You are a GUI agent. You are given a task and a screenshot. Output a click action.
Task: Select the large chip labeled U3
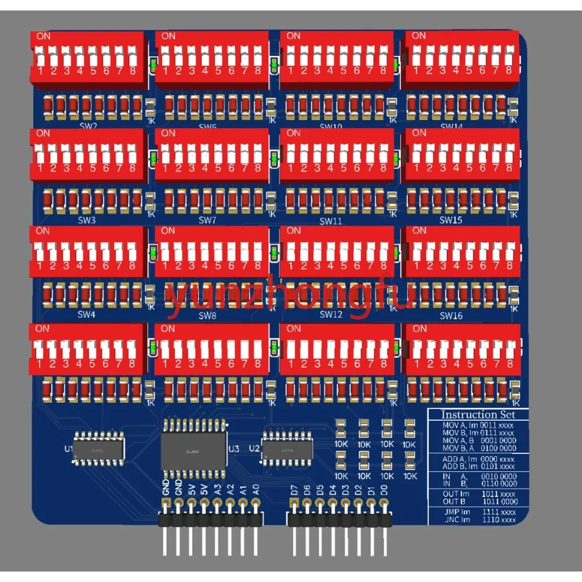[193, 449]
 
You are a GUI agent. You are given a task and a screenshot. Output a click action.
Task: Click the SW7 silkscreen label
[207, 221]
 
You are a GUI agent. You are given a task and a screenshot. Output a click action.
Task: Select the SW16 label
[451, 316]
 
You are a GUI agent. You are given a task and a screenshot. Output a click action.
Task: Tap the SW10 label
[331, 126]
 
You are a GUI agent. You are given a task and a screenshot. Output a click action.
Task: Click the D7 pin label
[293, 490]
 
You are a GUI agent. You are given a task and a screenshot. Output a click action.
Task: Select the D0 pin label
[384, 490]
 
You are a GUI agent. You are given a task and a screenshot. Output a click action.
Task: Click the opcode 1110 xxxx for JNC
[498, 519]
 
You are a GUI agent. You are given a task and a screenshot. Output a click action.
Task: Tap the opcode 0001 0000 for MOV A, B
[498, 441]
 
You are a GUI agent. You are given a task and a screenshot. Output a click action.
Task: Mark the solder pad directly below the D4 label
[332, 505]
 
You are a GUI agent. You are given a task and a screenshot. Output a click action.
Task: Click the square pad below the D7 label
[293, 505]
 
